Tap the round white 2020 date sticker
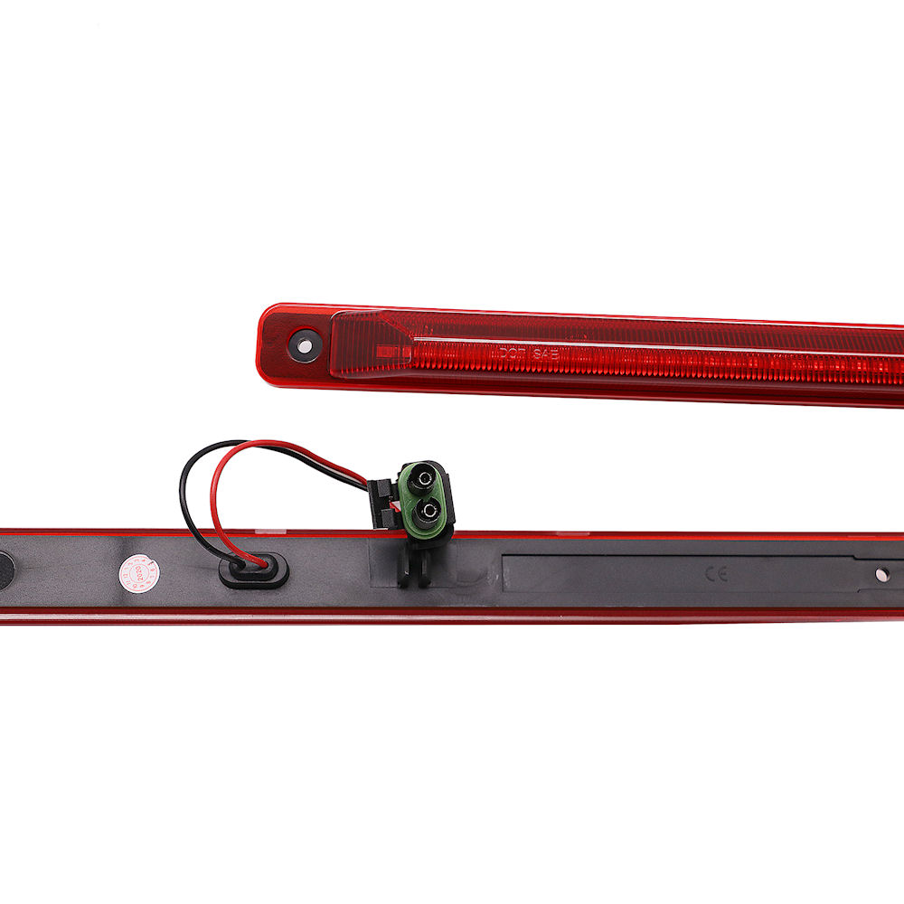137,570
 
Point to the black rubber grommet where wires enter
254,570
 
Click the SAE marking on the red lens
544,354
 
